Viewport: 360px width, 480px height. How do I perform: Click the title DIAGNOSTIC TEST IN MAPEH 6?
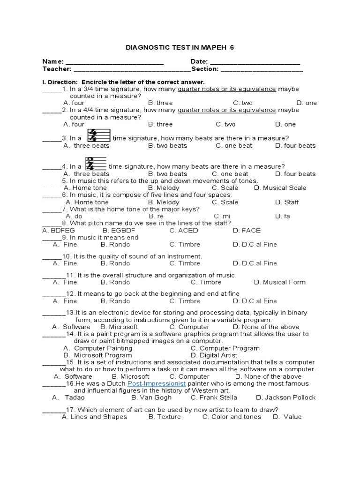click(x=180, y=48)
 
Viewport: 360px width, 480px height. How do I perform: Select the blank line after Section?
click(x=262, y=70)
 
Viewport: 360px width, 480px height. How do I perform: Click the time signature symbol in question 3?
click(x=99, y=136)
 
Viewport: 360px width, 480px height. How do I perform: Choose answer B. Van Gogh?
click(x=145, y=397)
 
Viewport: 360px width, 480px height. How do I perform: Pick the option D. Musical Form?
click(x=279, y=282)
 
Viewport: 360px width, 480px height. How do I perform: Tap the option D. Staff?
click(x=286, y=202)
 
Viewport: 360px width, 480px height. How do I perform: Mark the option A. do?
click(x=74, y=216)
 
